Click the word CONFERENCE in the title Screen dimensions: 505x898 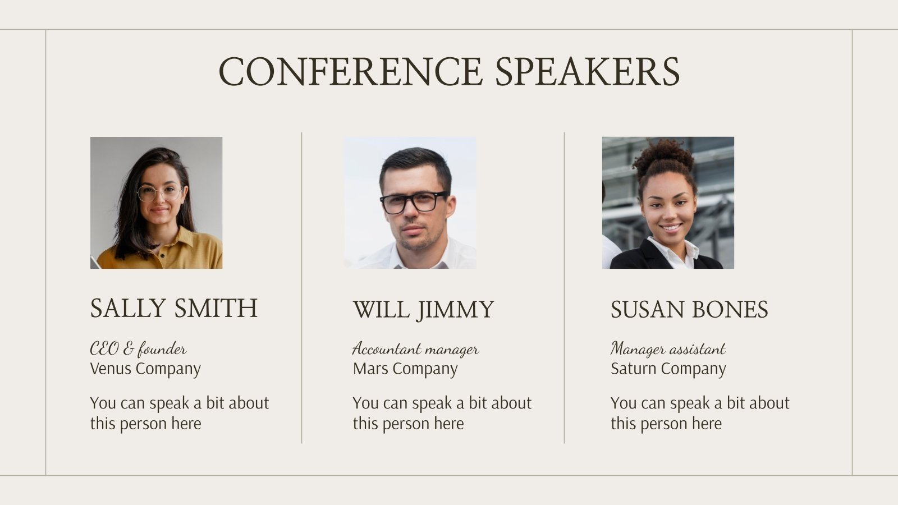point(350,71)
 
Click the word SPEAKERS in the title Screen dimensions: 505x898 point(587,71)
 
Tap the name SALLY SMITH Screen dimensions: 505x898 point(173,308)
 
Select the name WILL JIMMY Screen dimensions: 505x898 point(423,310)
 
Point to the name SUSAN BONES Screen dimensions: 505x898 point(689,310)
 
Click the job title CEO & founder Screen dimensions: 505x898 point(138,349)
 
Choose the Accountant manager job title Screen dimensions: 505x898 point(415,349)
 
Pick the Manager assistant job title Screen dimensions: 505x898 point(668,349)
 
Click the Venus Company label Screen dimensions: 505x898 point(145,369)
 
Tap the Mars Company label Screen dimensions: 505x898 point(405,369)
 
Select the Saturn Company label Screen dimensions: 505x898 point(668,369)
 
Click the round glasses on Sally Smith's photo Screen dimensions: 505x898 point(160,193)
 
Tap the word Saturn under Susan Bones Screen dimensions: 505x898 point(631,369)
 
